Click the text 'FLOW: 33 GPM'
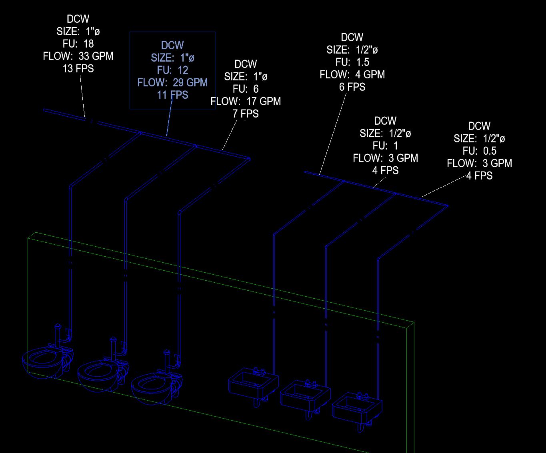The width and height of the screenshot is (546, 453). (x=78, y=56)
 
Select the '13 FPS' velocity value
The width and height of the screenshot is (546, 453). (x=78, y=68)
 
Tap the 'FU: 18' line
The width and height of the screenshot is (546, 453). (x=78, y=44)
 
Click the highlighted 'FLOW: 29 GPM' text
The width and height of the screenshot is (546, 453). (x=172, y=82)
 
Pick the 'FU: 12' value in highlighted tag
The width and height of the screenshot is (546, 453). (x=172, y=70)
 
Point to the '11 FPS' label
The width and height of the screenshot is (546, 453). (x=172, y=95)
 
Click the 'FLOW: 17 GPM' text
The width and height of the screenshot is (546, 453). (x=246, y=101)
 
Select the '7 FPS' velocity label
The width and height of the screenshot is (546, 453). (x=246, y=114)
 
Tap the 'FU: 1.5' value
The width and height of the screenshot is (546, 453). (x=352, y=62)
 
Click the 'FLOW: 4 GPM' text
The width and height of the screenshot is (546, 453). (x=352, y=74)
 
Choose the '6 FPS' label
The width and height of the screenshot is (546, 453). (x=352, y=87)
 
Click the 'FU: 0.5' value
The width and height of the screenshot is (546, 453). (x=479, y=151)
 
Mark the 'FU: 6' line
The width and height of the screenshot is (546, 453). (x=246, y=89)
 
